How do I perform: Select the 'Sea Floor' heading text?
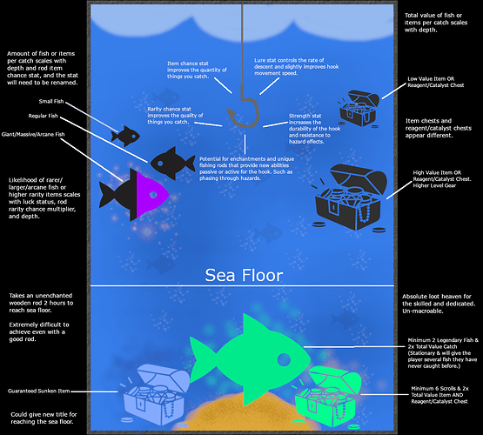[243, 276]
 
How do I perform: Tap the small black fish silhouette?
[125, 135]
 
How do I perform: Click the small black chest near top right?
[358, 109]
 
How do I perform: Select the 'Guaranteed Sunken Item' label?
[45, 391]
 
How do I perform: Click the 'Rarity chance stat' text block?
[183, 116]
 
